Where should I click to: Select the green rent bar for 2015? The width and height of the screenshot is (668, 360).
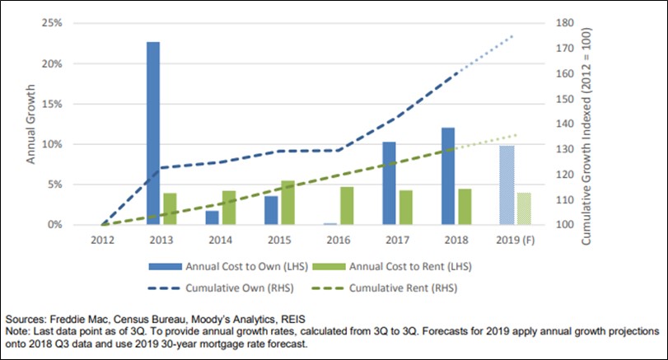(x=287, y=203)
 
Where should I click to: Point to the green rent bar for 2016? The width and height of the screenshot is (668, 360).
(x=347, y=206)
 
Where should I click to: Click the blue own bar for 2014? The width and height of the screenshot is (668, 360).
(x=213, y=217)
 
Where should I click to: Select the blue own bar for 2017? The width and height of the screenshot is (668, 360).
(x=389, y=183)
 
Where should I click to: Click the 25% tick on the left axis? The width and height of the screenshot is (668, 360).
(x=51, y=23)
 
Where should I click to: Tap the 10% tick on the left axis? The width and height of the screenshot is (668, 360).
(x=51, y=144)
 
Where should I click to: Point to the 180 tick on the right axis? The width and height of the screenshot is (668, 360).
(x=564, y=23)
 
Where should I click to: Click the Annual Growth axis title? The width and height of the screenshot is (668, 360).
(x=31, y=124)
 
